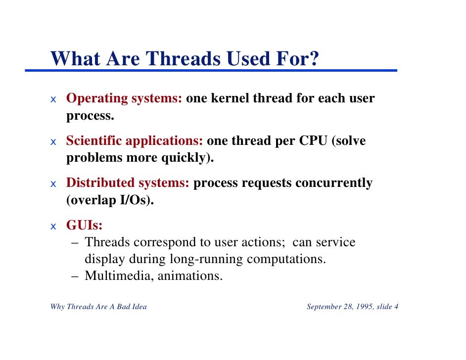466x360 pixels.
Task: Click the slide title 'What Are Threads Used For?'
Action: tap(185, 59)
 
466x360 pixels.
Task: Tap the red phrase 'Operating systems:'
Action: tap(124, 98)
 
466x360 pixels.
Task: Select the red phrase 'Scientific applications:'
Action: tap(135, 141)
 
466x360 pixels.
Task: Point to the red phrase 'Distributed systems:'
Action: tap(128, 183)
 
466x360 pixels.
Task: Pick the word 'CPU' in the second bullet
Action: tap(313, 141)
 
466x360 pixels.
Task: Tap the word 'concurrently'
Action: tap(333, 183)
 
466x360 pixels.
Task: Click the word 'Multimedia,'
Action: tap(119, 275)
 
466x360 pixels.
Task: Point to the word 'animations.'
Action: tap(190, 275)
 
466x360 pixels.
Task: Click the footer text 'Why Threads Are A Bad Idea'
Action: tap(98, 307)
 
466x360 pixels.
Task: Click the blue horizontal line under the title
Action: tap(211, 71)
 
